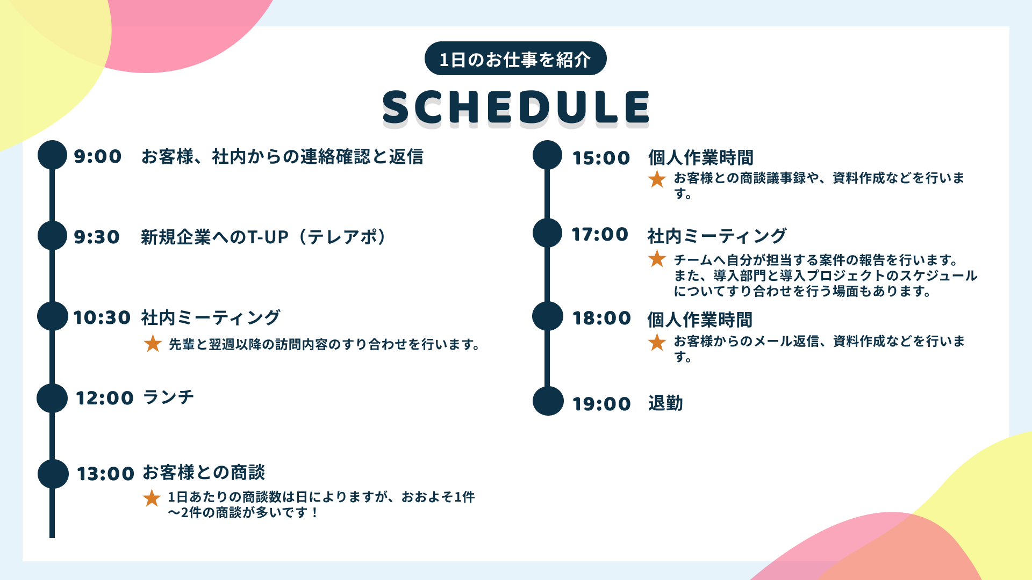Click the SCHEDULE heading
(x=516, y=107)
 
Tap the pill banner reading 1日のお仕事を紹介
(x=515, y=59)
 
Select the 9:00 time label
(x=98, y=156)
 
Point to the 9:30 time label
(x=97, y=237)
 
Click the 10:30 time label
(x=102, y=317)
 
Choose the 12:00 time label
(x=104, y=398)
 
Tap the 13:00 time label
(x=105, y=474)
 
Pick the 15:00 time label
(x=601, y=158)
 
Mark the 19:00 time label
(x=601, y=404)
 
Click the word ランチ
(x=168, y=397)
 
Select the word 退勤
(x=665, y=403)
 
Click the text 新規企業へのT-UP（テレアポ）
(x=263, y=237)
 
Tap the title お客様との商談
(x=204, y=473)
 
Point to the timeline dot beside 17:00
(x=548, y=233)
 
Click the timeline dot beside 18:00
(x=548, y=316)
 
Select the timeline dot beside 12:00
(x=52, y=398)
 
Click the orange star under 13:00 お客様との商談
(x=152, y=498)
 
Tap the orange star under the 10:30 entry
(x=153, y=344)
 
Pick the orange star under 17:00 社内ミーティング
(x=657, y=259)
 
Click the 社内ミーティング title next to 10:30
(x=211, y=317)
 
